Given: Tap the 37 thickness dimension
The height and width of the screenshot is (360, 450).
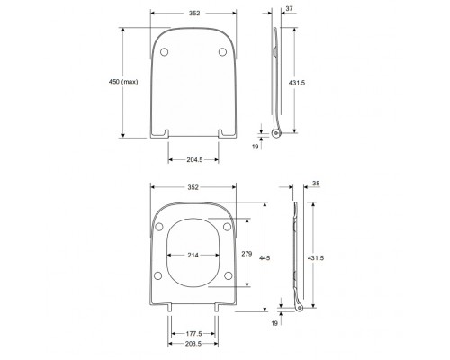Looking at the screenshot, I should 289,9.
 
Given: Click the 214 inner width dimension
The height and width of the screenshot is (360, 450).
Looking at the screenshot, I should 193,254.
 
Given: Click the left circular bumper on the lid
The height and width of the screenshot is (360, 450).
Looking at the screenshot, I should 164,53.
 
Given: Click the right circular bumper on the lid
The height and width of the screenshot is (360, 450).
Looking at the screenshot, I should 221,53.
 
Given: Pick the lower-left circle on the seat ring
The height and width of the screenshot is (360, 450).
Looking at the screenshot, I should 159,275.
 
